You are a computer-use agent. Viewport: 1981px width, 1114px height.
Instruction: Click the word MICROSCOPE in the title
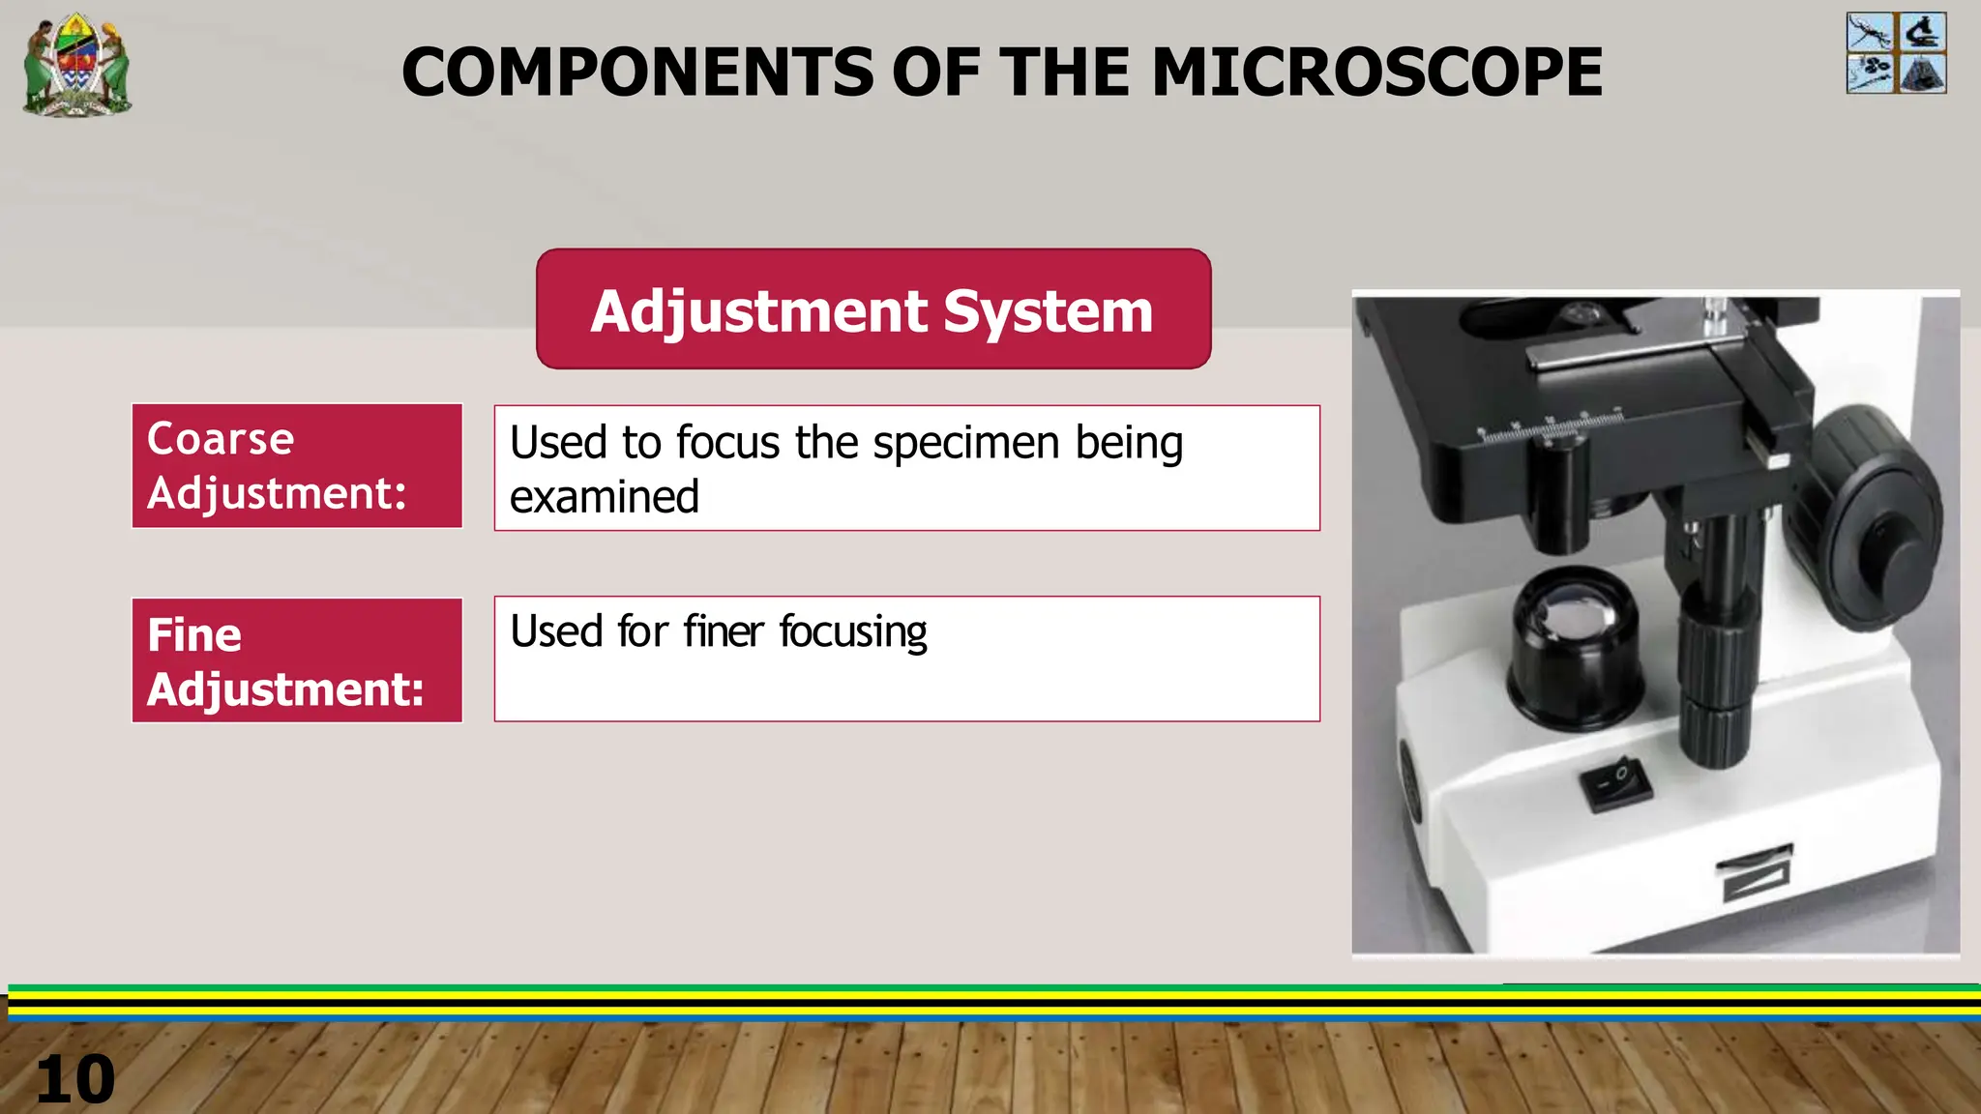tap(1376, 73)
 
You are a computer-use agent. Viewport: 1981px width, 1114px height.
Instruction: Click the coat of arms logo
tap(77, 64)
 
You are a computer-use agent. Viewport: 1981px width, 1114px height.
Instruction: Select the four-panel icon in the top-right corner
tap(1896, 53)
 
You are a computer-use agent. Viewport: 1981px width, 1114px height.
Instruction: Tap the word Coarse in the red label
tap(221, 439)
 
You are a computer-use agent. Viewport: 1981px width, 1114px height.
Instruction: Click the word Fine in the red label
tap(194, 635)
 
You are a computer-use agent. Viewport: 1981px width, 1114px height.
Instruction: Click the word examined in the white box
tap(604, 498)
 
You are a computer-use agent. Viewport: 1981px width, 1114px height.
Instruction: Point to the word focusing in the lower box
tap(853, 632)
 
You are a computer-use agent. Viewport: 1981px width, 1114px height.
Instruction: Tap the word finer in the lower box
tap(724, 632)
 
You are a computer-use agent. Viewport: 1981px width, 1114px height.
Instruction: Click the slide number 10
tap(74, 1080)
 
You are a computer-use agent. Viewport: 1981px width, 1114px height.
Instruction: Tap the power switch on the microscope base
tap(1615, 784)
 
